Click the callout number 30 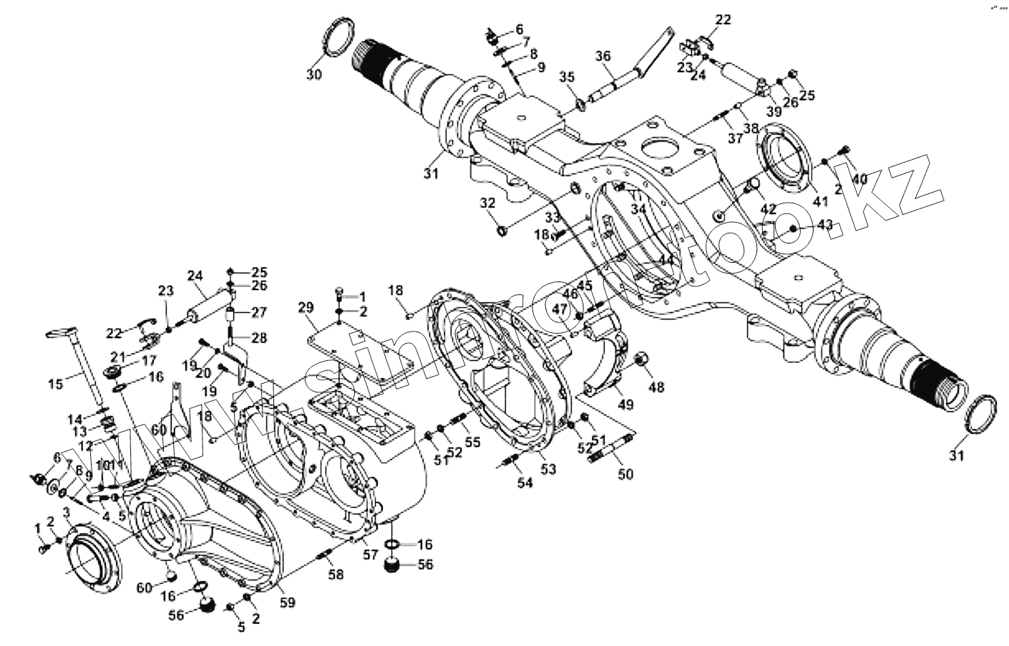(x=315, y=74)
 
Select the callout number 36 (x=603, y=56)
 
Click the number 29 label (x=306, y=308)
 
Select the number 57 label (x=370, y=555)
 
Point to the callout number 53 (x=548, y=469)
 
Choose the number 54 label (x=525, y=483)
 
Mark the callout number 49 (x=626, y=405)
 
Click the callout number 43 (x=825, y=224)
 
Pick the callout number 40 (x=859, y=178)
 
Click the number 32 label (x=487, y=204)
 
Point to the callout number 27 (x=258, y=312)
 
